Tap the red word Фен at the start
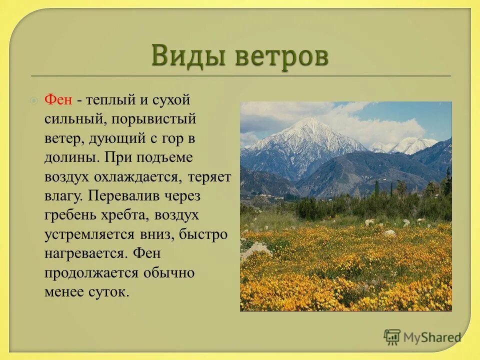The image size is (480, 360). point(59,99)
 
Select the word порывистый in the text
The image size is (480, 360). point(153,119)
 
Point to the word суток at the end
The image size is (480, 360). point(110,292)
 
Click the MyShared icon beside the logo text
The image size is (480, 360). point(392,336)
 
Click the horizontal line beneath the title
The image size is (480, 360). point(240,76)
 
